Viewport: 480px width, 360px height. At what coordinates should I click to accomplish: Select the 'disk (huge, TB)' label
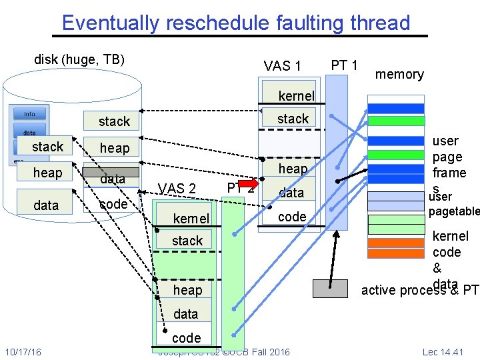(x=79, y=59)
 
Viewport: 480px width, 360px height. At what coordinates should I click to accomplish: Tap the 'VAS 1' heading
(x=282, y=66)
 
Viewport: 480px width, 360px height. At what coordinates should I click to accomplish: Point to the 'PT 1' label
(x=345, y=65)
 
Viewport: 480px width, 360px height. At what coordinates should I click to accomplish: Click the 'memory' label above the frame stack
(x=399, y=74)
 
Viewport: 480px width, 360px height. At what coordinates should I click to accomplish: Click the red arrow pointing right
(x=247, y=183)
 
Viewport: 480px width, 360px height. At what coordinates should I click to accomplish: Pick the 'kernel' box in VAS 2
(x=191, y=219)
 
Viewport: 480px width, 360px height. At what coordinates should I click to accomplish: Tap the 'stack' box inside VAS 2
(x=187, y=241)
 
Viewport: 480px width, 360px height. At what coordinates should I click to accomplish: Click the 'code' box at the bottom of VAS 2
(x=186, y=337)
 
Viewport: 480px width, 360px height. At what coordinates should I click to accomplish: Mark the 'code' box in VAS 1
(x=292, y=217)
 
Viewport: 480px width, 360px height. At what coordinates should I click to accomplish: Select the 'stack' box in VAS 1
(x=292, y=119)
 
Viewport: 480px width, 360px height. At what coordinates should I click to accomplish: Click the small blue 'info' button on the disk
(x=29, y=113)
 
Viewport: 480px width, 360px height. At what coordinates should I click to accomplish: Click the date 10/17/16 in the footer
(x=23, y=352)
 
